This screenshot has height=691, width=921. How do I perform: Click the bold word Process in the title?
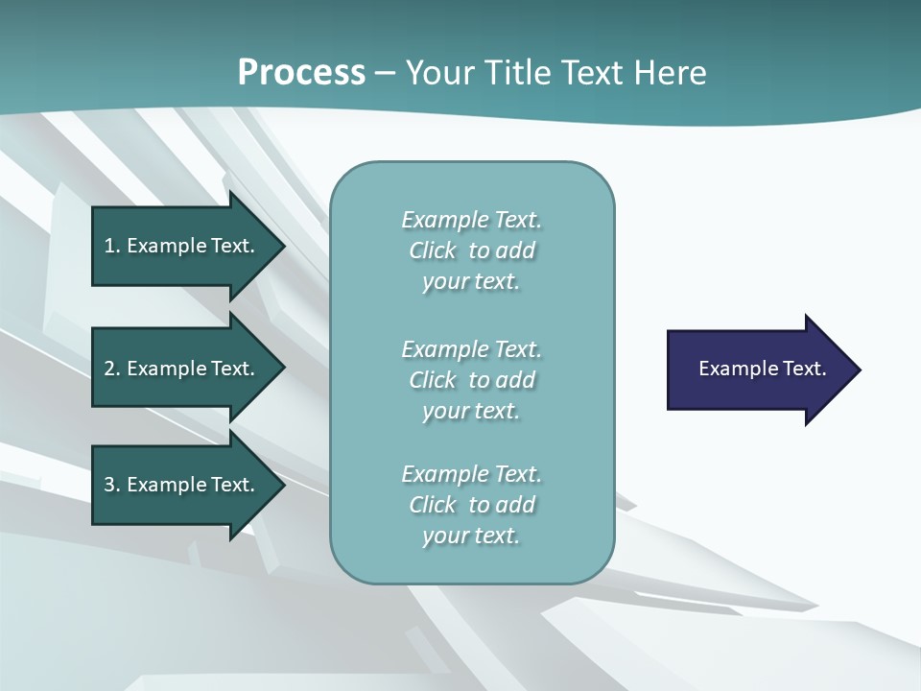301,73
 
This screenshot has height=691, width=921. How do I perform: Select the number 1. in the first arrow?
112,246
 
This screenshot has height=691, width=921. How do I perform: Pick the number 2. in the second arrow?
112,369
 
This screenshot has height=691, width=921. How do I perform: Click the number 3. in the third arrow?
112,485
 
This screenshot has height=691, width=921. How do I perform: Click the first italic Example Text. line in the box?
471,220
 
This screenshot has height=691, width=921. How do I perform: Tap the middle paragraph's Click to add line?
471,380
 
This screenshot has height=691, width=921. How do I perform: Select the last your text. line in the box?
471,536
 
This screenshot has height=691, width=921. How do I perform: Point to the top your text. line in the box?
471,281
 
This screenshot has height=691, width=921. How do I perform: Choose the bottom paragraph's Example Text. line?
471,474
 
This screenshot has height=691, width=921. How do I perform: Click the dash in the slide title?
386,74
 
